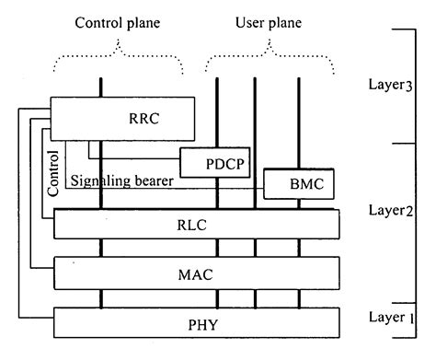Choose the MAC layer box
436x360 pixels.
pyautogui.click(x=197, y=273)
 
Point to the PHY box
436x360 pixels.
pyautogui.click(x=197, y=324)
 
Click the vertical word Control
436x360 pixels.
pyautogui.click(x=52, y=171)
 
